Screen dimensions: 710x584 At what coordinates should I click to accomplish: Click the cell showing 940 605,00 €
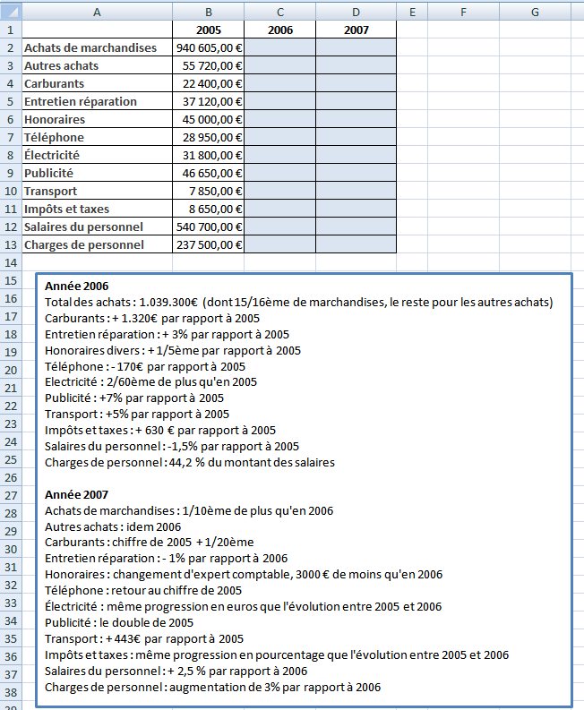pos(210,47)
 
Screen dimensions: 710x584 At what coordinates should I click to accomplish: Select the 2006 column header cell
pos(279,30)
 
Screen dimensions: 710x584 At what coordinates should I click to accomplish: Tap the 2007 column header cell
pos(356,30)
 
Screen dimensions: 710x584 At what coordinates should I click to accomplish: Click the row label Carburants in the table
pos(55,83)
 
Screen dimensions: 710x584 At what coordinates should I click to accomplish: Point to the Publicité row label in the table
pos(49,173)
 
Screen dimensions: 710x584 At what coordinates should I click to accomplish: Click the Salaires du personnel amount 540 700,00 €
pos(210,227)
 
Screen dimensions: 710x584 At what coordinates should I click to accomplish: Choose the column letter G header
pos(534,11)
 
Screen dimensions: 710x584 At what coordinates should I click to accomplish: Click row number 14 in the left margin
pos(11,263)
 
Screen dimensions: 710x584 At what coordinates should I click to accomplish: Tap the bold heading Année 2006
pos(76,286)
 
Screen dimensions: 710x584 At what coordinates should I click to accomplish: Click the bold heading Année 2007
pos(76,494)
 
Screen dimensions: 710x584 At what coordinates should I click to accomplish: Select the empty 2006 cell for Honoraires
pos(279,119)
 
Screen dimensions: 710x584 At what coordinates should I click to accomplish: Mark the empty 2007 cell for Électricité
pos(356,155)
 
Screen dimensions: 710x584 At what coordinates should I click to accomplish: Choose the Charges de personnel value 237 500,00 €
pos(210,244)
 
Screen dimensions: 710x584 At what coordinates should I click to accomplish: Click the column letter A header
pos(97,11)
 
